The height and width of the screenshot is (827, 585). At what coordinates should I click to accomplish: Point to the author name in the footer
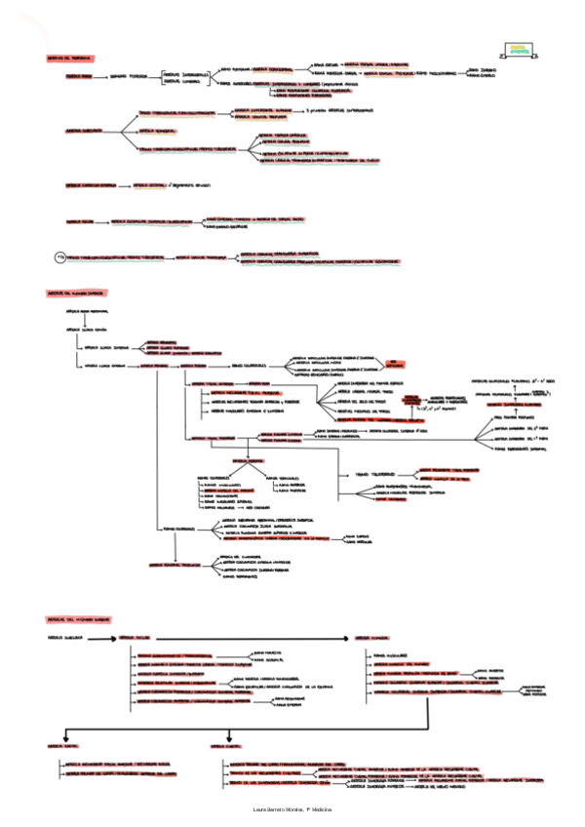click(292, 810)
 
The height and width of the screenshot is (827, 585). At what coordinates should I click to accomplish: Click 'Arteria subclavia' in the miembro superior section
click(63, 640)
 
